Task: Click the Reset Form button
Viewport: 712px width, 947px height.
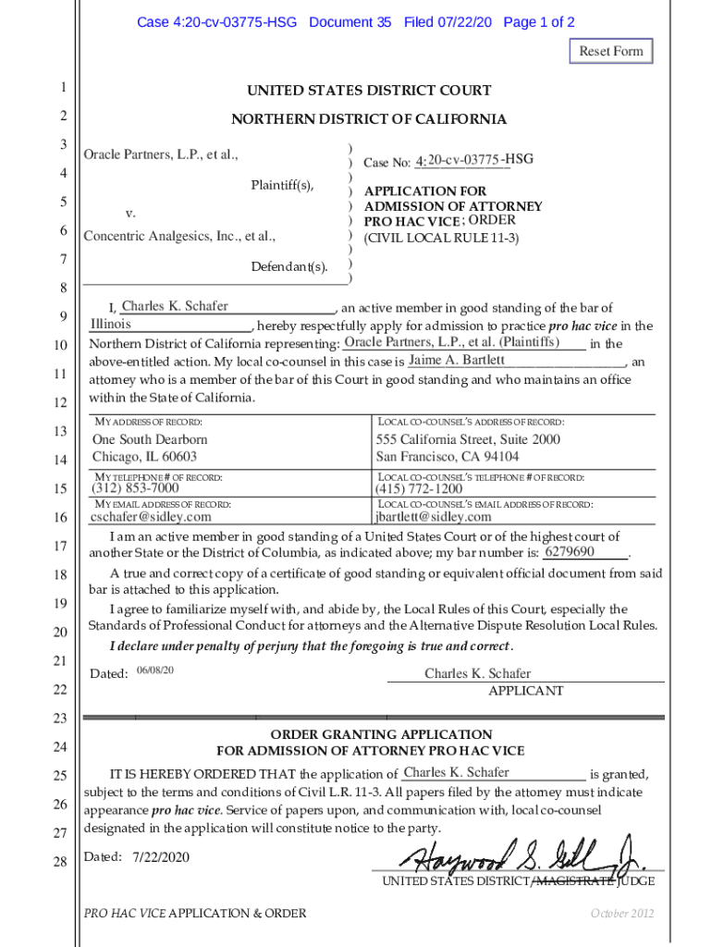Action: tap(610, 51)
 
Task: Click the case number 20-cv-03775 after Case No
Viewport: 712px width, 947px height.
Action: tap(463, 161)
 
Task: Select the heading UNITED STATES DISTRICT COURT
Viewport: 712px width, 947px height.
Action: tap(368, 91)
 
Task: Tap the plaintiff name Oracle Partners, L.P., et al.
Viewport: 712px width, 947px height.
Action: tap(161, 154)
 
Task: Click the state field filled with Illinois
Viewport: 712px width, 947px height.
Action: tap(110, 325)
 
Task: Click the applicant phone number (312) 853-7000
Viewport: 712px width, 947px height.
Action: tap(135, 488)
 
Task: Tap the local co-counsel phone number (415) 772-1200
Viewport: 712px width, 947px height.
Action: tap(418, 488)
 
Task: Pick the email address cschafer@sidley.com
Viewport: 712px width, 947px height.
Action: tap(151, 517)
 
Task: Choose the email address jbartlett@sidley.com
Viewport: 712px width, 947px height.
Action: tap(433, 517)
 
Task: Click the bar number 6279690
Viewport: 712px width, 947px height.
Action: tap(570, 552)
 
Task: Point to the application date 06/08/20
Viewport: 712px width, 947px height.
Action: tap(154, 669)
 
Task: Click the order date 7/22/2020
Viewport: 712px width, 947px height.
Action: tap(161, 857)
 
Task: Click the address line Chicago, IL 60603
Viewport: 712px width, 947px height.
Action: tap(144, 457)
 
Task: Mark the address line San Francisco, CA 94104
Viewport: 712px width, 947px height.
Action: tap(447, 457)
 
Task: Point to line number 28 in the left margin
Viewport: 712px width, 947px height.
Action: tap(60, 862)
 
